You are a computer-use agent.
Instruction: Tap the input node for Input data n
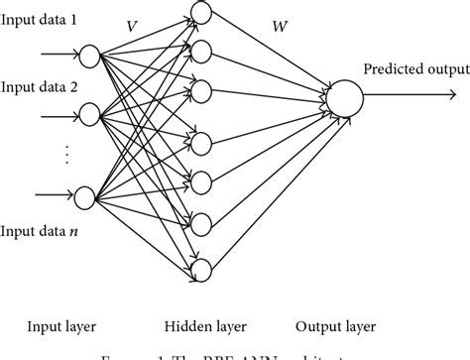point(85,196)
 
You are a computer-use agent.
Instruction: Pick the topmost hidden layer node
point(201,13)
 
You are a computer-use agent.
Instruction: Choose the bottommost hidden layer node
point(201,269)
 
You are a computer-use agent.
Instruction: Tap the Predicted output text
point(413,68)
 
